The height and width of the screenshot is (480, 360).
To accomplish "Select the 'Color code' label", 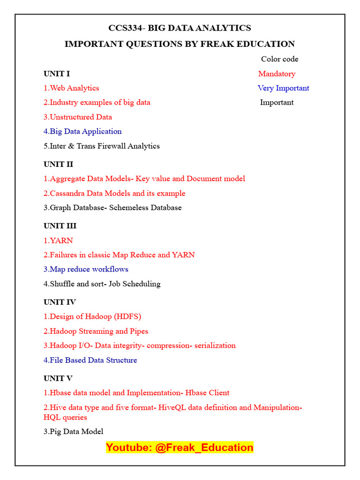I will point(279,59).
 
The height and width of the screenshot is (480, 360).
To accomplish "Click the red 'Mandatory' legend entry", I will point(277,74).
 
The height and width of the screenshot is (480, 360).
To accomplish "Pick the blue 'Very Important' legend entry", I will point(283,88).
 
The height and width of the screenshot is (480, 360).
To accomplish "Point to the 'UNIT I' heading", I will point(57,74).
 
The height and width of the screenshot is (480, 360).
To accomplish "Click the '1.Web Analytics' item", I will point(71,88).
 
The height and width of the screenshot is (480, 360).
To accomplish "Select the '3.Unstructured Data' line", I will point(78,117).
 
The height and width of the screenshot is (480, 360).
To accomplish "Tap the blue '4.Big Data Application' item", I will point(82,131).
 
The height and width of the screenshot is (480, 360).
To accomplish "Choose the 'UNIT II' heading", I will point(58,164).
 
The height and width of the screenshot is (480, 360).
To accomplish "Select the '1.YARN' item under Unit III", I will point(58,240).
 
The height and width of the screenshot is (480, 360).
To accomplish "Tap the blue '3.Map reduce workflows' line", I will point(86,269).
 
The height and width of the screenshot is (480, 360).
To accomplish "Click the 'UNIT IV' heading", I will point(60,302).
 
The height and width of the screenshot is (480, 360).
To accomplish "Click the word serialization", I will point(212,345).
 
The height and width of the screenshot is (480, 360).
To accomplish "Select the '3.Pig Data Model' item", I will point(74,432).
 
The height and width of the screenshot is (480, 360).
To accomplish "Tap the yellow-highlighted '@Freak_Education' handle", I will point(204,448).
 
